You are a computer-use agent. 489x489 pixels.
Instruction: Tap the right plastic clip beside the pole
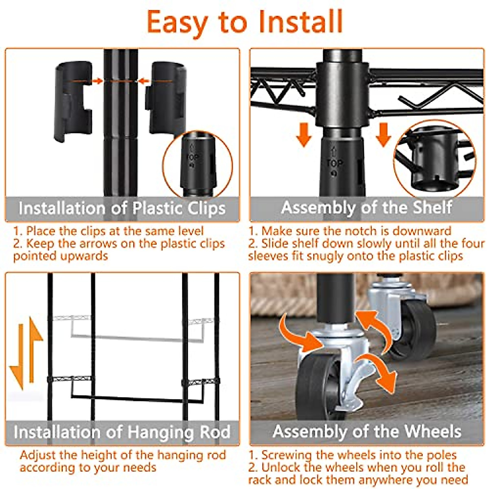coord(167,99)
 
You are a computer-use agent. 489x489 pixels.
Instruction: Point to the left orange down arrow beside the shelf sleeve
coord(304,135)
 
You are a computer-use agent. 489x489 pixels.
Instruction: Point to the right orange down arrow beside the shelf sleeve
coord(383,135)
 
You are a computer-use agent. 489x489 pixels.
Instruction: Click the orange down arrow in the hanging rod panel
coord(17,357)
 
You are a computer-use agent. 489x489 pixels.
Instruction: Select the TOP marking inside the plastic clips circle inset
coord(193,157)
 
